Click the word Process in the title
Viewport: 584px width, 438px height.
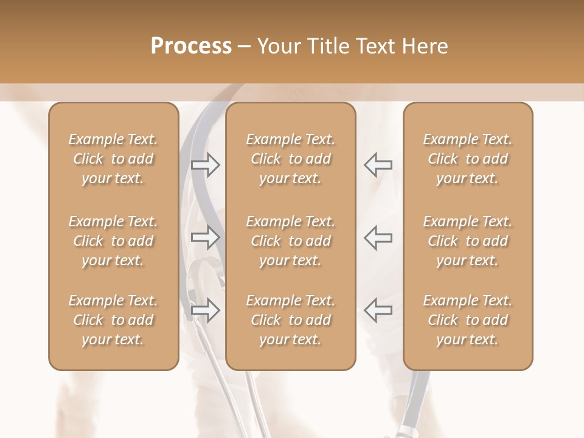pyautogui.click(x=191, y=46)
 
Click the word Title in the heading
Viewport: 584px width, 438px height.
pyautogui.click(x=328, y=46)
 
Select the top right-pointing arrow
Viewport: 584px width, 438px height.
pyautogui.click(x=206, y=165)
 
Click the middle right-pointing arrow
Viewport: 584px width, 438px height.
pyautogui.click(x=206, y=237)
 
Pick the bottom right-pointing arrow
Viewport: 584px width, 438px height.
pyautogui.click(x=206, y=310)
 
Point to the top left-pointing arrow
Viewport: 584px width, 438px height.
pyautogui.click(x=378, y=165)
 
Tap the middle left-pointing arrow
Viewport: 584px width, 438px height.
pyautogui.click(x=378, y=237)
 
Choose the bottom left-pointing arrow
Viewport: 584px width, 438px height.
pyautogui.click(x=378, y=310)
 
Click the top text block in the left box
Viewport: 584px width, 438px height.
pyautogui.click(x=113, y=159)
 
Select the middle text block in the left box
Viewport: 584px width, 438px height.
pyautogui.click(x=113, y=241)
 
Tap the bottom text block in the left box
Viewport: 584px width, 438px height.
pyautogui.click(x=113, y=320)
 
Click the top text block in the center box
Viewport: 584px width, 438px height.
pyautogui.click(x=290, y=159)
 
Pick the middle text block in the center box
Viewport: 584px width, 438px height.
pyautogui.click(x=290, y=241)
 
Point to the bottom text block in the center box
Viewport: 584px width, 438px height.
pyautogui.click(x=290, y=320)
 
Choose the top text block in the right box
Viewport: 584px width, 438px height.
pyautogui.click(x=467, y=159)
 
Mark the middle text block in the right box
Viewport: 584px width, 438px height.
pyautogui.click(x=467, y=241)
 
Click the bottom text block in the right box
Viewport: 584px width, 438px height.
pyautogui.click(x=467, y=320)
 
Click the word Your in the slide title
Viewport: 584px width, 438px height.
pyautogui.click(x=279, y=46)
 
